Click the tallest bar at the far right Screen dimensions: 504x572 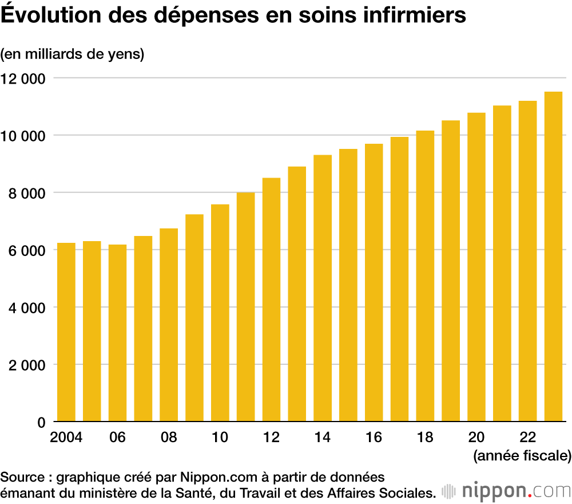[x=553, y=257]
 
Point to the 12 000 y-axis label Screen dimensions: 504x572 [x=25, y=78]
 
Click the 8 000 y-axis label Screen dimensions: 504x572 [x=28, y=193]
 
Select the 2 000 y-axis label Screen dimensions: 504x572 [x=28, y=365]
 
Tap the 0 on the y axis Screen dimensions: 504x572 [x=41, y=422]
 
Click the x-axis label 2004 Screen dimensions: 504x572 [x=66, y=437]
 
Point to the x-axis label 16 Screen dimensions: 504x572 [x=374, y=437]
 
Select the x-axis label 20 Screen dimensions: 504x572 [x=476, y=437]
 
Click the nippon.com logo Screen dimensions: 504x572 [x=507, y=491]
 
